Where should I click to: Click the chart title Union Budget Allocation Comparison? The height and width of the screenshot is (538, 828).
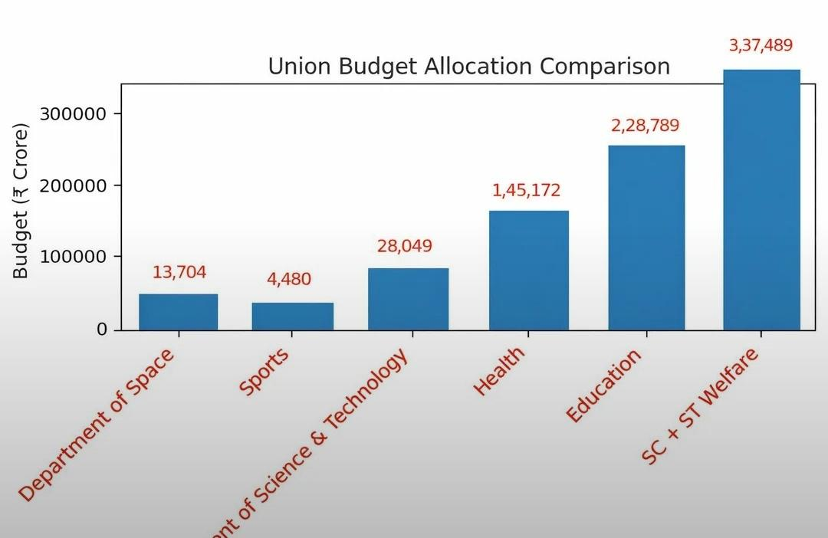[468, 67]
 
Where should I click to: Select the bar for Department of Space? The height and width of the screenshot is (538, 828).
[179, 312]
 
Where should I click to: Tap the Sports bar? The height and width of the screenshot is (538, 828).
[293, 317]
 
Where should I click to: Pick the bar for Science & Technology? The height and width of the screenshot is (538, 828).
[408, 299]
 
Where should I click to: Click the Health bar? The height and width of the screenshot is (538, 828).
[529, 271]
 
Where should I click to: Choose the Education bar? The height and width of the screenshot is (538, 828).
[646, 238]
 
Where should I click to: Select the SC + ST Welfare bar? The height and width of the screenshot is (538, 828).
[761, 200]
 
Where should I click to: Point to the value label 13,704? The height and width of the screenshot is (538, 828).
[179, 273]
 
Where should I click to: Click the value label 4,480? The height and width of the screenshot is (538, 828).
[289, 279]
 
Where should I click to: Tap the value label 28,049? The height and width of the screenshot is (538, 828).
[404, 247]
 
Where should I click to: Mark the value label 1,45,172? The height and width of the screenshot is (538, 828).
[526, 190]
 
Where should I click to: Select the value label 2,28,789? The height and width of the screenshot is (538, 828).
[645, 126]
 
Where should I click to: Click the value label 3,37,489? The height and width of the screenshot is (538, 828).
[761, 45]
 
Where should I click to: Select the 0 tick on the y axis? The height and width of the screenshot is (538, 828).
[103, 330]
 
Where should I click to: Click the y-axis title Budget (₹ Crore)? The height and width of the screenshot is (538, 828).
[21, 202]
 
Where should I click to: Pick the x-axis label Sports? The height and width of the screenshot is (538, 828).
[265, 372]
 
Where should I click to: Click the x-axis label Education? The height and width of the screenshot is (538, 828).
[604, 385]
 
